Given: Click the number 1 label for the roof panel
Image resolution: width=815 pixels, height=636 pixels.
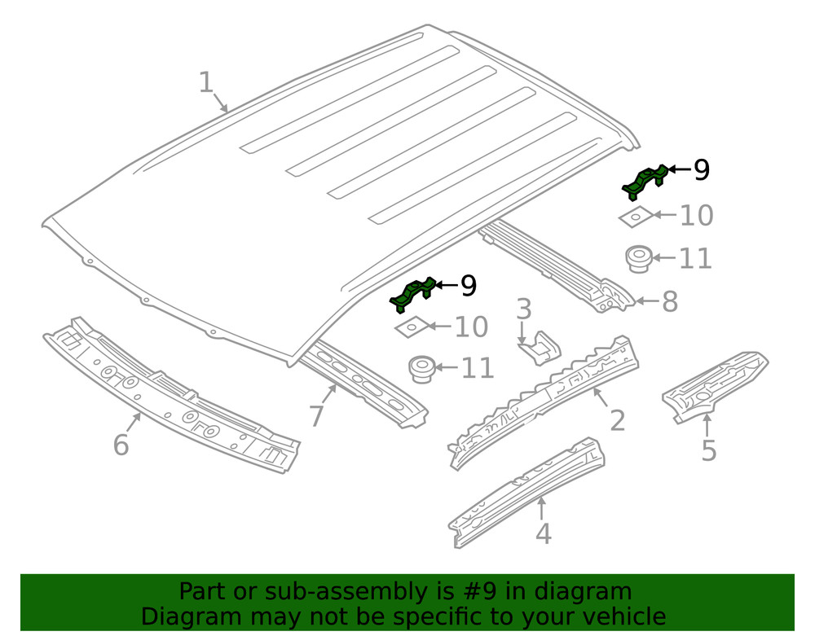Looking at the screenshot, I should point(206,82).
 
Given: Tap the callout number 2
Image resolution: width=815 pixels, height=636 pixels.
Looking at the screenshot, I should point(618,420).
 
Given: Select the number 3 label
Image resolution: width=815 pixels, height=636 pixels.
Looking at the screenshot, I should point(524,309).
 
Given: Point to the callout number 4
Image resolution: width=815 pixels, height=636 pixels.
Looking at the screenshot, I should point(543,534).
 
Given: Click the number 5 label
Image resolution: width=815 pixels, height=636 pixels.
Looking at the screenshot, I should point(708,450).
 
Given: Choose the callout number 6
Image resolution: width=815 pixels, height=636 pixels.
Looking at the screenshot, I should point(121,445).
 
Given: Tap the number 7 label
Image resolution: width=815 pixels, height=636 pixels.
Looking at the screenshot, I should point(316,415).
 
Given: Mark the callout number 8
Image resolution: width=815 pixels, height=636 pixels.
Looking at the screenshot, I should point(669,301).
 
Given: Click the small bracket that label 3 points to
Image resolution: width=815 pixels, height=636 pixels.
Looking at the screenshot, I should point(540,348).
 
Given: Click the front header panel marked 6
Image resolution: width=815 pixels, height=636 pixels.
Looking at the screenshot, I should point(171,399).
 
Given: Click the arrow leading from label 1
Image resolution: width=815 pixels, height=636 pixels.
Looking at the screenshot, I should point(222,103).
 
